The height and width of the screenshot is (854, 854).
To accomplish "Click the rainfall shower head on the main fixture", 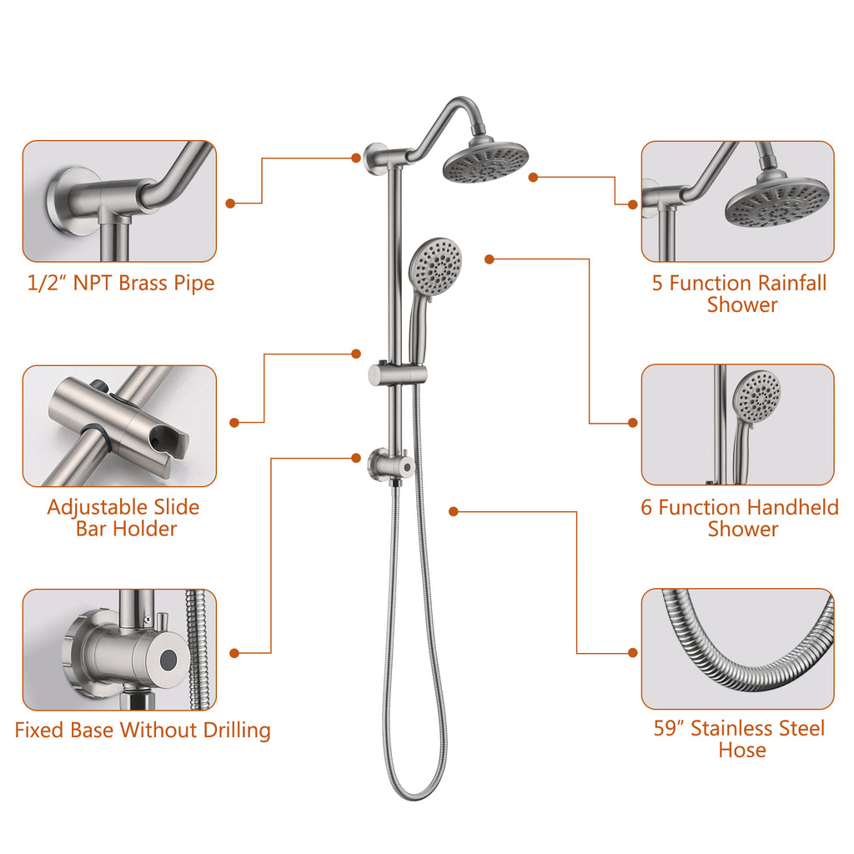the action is click(x=485, y=160).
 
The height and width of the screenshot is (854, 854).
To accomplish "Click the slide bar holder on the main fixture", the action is click(x=398, y=374).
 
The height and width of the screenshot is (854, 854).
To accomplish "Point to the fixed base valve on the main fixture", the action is click(x=391, y=465).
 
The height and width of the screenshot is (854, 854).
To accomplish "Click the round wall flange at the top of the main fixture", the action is click(x=375, y=158).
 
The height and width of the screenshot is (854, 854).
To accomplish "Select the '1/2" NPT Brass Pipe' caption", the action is click(x=121, y=284).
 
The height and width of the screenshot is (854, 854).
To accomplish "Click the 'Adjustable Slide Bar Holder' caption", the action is click(x=124, y=518).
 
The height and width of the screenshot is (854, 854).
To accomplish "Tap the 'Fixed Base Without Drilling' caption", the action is click(x=143, y=731).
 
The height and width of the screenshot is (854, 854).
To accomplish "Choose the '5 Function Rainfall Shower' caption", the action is click(x=741, y=294).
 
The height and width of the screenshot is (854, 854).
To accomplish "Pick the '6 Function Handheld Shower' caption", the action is click(x=740, y=518).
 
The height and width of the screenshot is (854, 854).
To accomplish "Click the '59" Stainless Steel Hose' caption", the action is click(x=740, y=739).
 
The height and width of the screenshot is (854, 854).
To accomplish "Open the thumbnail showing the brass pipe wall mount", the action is click(x=119, y=201).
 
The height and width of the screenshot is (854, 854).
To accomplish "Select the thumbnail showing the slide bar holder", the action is click(x=119, y=426).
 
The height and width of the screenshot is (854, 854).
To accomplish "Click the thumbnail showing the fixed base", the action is click(x=119, y=649).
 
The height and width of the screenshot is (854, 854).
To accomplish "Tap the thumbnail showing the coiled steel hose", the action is click(x=737, y=649).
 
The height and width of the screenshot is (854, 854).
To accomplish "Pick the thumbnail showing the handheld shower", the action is click(x=737, y=424).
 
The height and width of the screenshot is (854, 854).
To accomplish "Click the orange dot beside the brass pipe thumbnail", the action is click(x=230, y=203).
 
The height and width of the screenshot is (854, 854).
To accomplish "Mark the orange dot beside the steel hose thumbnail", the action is click(x=633, y=652).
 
